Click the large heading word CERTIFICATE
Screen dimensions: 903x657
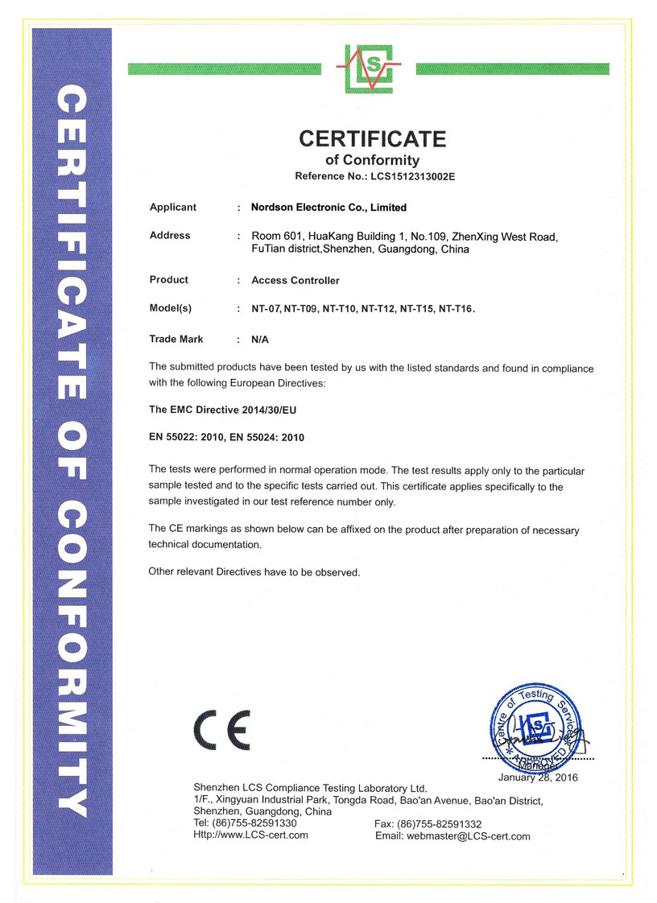point(372,139)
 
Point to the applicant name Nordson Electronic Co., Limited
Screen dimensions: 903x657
point(328,208)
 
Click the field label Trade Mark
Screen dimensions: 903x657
point(176,340)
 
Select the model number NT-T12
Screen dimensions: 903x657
point(377,309)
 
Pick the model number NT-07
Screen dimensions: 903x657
point(265,309)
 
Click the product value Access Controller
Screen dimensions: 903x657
point(295,281)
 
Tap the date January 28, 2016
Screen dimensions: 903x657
point(538,777)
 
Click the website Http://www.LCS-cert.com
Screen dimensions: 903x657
point(250,835)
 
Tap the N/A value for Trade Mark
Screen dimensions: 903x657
point(260,340)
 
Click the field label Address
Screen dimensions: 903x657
point(170,236)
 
